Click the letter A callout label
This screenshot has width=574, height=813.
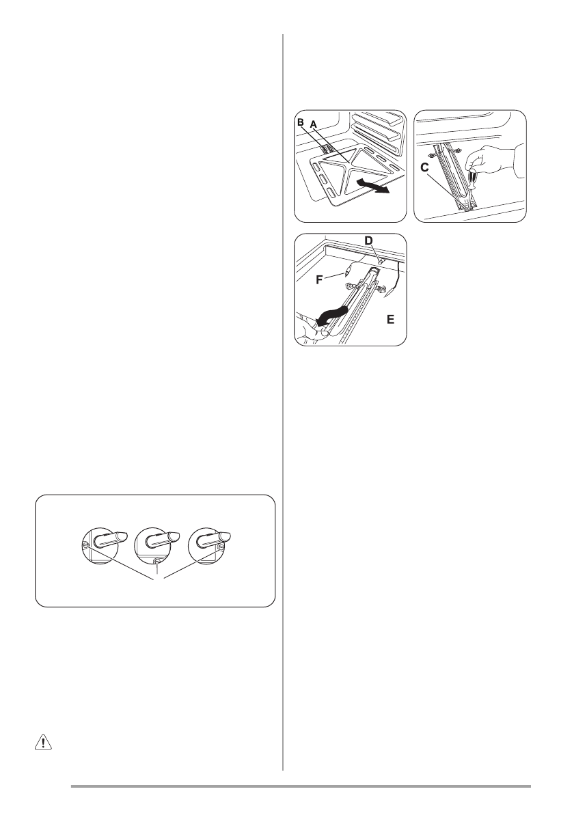click(x=313, y=124)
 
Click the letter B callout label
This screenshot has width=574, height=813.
click(x=300, y=122)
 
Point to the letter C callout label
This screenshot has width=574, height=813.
click(x=424, y=167)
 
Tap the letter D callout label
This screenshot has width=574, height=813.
click(x=369, y=240)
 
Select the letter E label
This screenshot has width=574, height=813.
click(x=390, y=320)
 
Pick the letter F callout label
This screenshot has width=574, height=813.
click(x=320, y=280)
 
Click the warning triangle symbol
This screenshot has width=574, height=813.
click(x=43, y=743)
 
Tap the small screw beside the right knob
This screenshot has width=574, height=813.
click(x=221, y=547)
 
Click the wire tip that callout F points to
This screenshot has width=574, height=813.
click(x=345, y=270)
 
